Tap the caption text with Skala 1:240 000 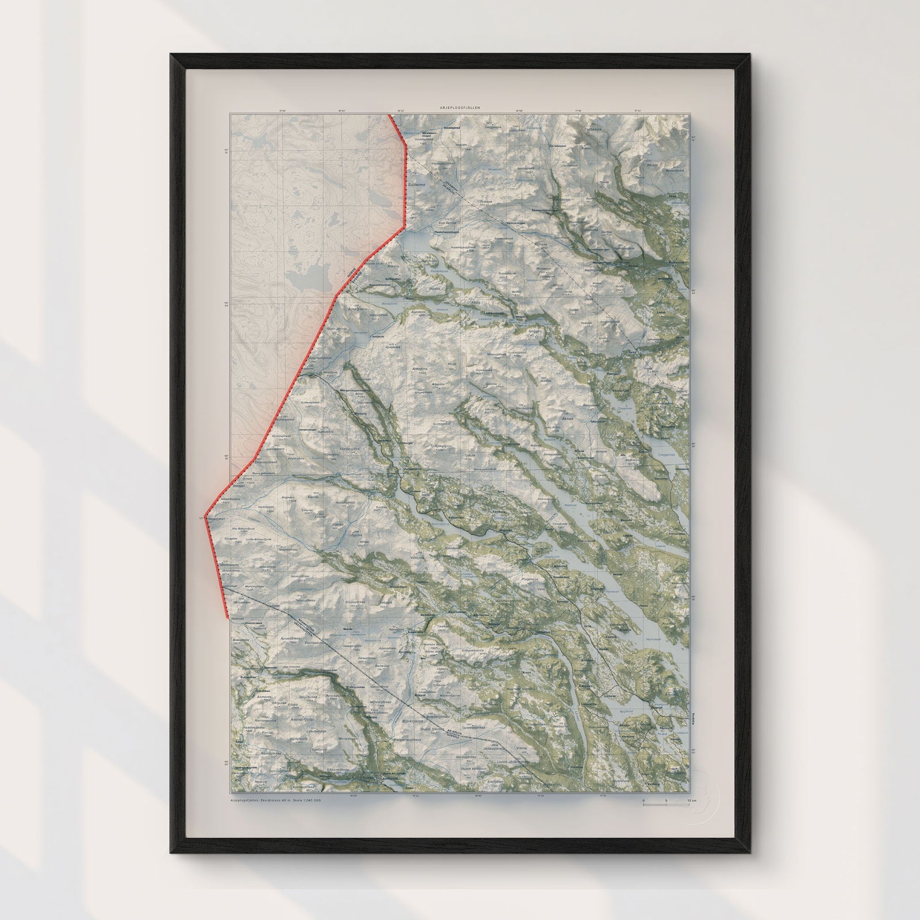275,800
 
